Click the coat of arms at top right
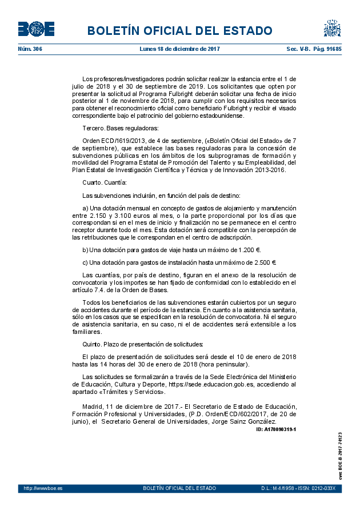[332, 29]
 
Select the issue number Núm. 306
[30, 49]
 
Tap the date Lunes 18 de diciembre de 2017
[180, 49]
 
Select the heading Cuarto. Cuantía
[105, 182]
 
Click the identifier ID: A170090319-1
[276, 429]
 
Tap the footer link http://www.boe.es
[43, 488]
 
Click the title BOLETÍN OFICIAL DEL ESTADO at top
[180, 30]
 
